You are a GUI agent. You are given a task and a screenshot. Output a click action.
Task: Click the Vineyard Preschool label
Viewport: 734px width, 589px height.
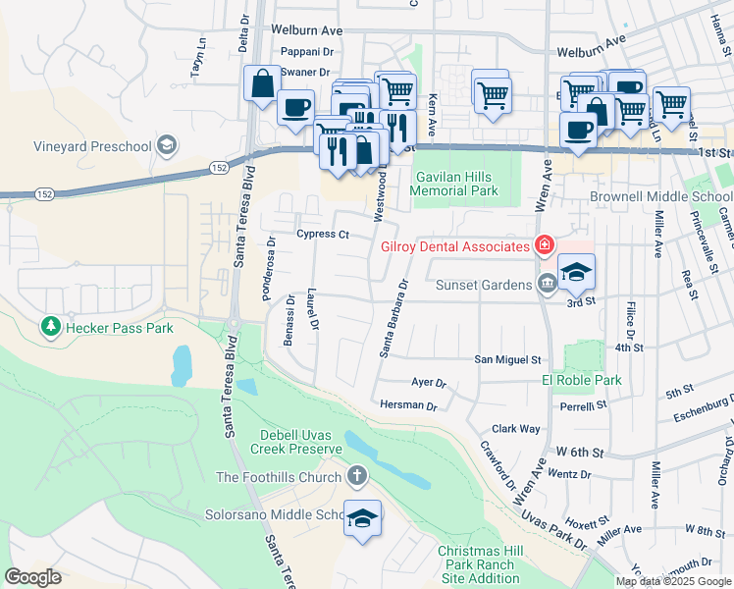click(79, 147)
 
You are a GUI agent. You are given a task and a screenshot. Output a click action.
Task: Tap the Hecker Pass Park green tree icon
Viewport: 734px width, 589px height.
click(48, 324)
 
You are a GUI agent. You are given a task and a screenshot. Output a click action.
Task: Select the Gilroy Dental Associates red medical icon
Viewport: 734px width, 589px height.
click(543, 245)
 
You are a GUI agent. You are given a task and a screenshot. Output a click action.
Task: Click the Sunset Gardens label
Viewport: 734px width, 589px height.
click(482, 285)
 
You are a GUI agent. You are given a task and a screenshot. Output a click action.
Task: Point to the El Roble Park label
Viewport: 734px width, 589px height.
click(582, 380)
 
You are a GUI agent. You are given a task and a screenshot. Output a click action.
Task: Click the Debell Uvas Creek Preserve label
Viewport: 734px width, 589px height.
click(300, 442)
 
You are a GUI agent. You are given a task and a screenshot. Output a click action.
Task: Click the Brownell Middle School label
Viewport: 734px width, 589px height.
click(661, 196)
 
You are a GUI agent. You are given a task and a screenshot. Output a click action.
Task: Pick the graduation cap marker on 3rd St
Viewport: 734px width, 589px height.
click(576, 273)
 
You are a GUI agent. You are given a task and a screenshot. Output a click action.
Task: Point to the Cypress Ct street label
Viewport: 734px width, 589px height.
click(323, 235)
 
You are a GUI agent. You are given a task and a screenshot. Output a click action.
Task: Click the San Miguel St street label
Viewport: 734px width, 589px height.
click(508, 360)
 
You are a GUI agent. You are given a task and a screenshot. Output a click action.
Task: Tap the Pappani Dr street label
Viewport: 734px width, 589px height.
click(307, 52)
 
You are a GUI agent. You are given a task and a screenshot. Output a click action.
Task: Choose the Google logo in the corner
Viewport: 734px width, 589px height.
click(32, 577)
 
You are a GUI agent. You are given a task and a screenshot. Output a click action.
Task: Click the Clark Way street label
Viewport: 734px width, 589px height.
click(515, 429)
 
